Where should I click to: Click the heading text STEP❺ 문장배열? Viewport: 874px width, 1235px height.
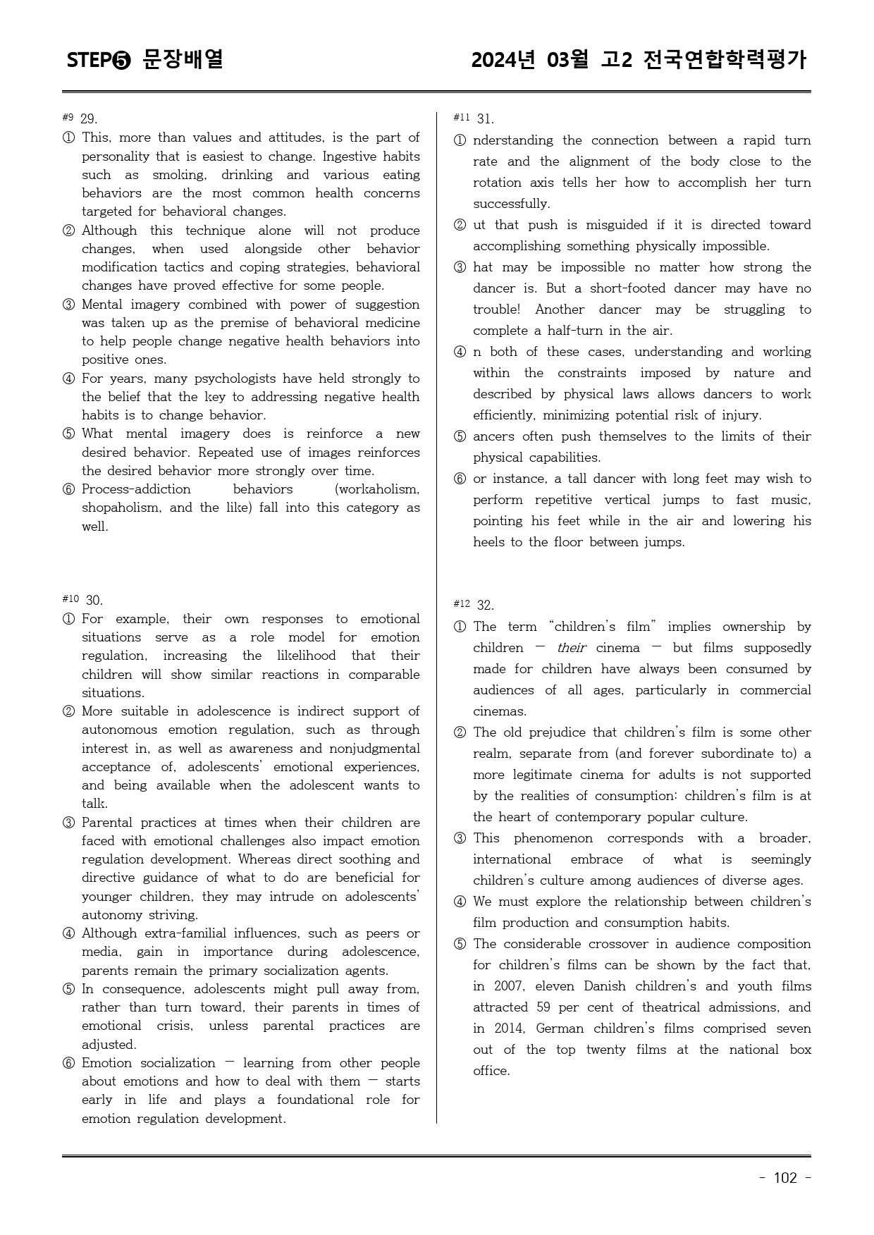(x=145, y=60)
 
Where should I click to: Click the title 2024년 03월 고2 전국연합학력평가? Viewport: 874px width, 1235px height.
(x=639, y=60)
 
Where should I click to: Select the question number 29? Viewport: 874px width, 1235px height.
(x=88, y=119)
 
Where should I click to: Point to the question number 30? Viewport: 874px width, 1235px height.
(x=94, y=601)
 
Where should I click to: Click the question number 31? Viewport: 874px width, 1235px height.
(x=485, y=119)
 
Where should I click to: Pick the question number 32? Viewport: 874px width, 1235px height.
(x=485, y=606)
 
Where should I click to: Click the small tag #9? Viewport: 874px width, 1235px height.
(x=68, y=117)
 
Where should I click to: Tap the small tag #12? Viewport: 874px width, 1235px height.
(x=462, y=603)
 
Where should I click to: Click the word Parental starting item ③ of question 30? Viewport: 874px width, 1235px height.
(x=107, y=823)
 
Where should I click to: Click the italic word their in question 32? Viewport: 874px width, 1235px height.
(x=571, y=648)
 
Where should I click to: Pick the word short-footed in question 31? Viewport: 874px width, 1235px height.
(x=630, y=288)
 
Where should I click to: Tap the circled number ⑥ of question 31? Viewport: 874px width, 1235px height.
(x=460, y=479)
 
